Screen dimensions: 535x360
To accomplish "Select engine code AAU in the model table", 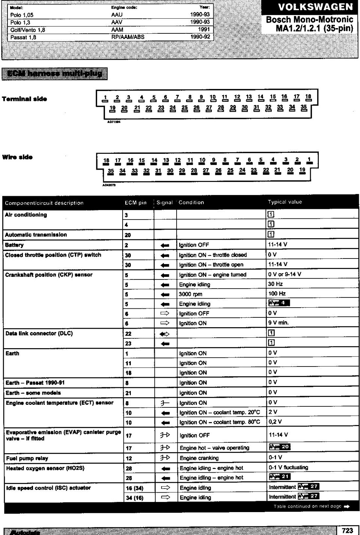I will (117, 15).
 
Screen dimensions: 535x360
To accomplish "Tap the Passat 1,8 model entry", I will (23, 37).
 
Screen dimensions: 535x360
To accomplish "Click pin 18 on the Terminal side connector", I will (308, 97).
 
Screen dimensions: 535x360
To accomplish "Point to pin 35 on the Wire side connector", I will (111, 171).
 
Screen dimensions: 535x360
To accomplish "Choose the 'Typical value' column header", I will (285, 202).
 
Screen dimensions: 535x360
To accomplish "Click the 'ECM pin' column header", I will (135, 203).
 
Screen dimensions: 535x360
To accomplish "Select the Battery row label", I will (14, 245).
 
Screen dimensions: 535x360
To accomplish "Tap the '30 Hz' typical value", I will (276, 284).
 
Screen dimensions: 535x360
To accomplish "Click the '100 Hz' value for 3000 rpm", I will (277, 293).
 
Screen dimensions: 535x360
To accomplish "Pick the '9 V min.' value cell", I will (278, 323).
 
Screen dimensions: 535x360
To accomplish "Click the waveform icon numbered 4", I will (279, 303).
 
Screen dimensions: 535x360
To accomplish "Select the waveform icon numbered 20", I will (279, 447).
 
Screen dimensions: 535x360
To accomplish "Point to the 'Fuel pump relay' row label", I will (27, 458).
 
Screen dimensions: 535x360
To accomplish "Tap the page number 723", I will (348, 530).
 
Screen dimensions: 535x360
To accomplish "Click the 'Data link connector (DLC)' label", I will (39, 333).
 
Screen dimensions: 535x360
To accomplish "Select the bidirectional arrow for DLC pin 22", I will (165, 334).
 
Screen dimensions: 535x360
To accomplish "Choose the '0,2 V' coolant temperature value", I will (275, 421).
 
